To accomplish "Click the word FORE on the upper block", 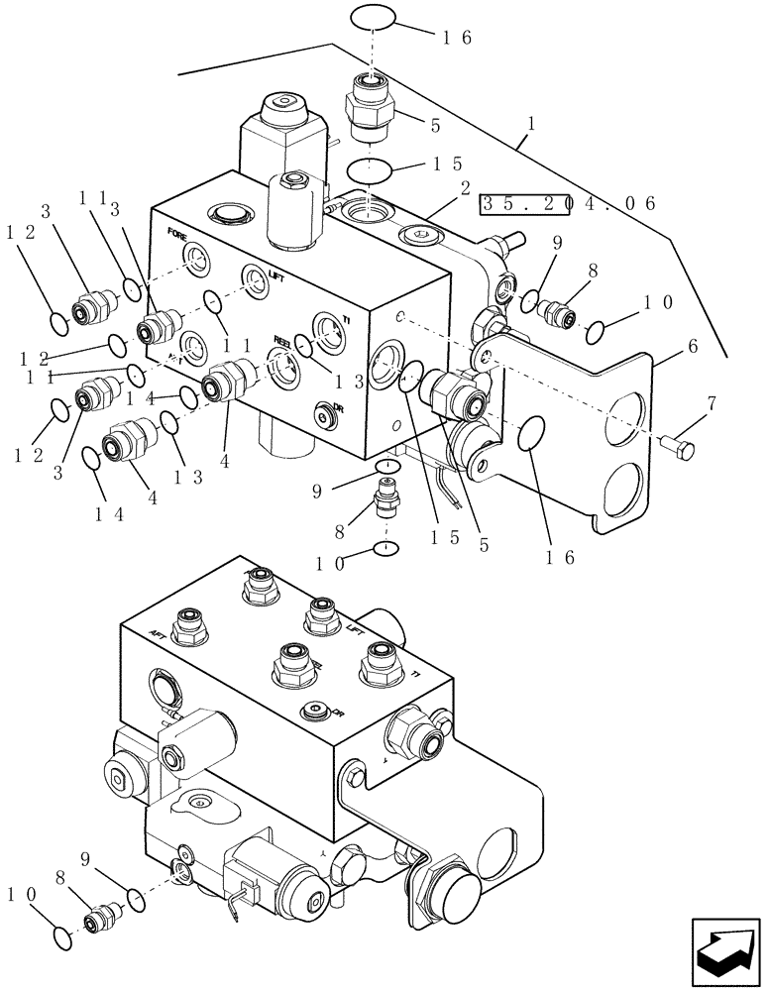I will pyautogui.click(x=177, y=236).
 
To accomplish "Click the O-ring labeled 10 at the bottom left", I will pyautogui.click(x=59, y=935).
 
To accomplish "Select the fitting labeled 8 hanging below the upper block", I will pyautogui.click(x=386, y=495).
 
